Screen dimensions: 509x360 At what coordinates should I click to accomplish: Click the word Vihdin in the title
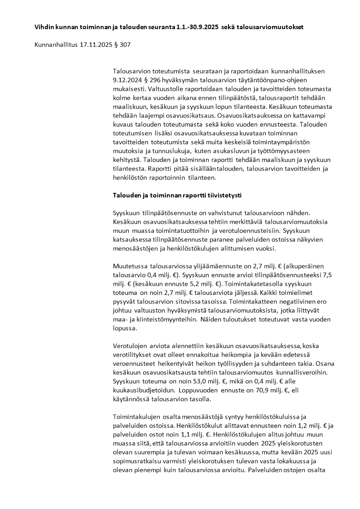pos(45,27)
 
